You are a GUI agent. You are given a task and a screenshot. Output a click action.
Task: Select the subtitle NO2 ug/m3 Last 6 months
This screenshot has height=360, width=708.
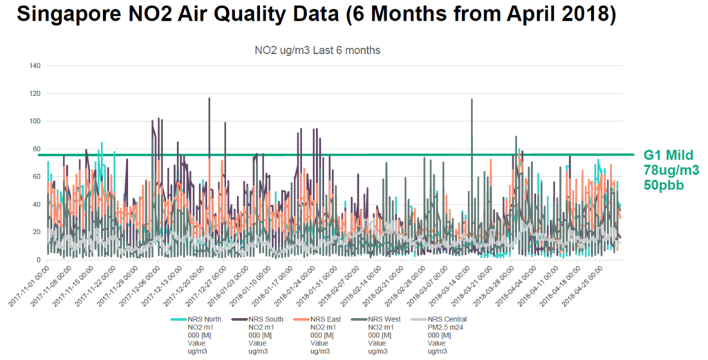pos(317,50)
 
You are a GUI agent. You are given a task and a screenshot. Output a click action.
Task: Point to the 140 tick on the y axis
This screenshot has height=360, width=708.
pos(34,66)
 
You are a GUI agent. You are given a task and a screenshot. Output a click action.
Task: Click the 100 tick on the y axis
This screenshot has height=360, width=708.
pos(34,122)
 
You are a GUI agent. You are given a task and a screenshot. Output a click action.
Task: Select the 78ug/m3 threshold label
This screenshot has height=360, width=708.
pos(668,171)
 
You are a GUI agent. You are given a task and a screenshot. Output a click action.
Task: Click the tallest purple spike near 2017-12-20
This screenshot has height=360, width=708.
pos(209,99)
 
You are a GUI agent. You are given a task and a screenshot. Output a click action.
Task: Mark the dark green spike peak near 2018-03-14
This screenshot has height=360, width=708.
pos(472,100)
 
